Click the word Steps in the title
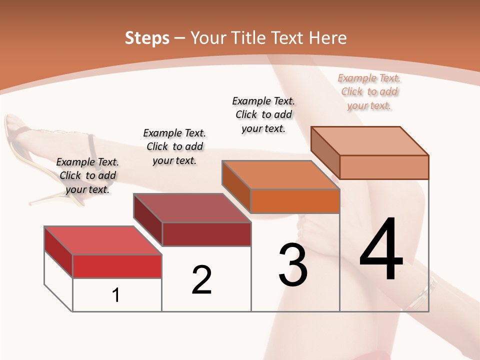pos(147,38)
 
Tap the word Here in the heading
pos(327,38)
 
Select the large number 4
pos(381,250)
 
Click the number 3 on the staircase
pos(293,265)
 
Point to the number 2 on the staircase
pos(202,280)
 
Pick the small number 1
pos(116,295)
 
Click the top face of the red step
pos(102,240)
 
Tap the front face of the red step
pos(117,266)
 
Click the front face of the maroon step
pos(206,234)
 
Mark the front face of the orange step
pos(295,201)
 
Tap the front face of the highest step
pos(384,167)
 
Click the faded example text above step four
pos(369,92)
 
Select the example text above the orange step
pos(263,114)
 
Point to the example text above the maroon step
pos(174,146)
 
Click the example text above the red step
pos(87,175)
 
